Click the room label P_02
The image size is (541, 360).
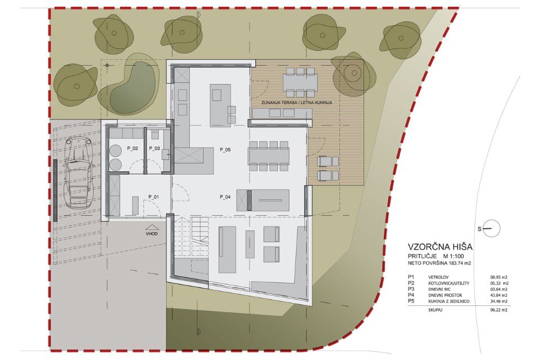[132, 148]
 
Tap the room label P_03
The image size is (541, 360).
[154, 148]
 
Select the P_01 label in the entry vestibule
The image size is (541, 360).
[153, 197]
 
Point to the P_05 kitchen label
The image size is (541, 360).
[225, 150]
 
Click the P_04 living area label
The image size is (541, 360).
[225, 197]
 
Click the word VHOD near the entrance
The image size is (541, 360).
[152, 233]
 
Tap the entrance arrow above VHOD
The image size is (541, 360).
[152, 227]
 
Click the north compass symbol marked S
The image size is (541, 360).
[491, 228]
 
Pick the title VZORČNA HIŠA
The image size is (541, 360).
[440, 247]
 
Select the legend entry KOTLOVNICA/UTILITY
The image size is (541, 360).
[449, 283]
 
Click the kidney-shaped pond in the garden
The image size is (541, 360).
[131, 90]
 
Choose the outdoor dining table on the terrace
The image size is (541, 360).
[300, 82]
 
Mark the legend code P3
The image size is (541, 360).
[411, 289]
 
